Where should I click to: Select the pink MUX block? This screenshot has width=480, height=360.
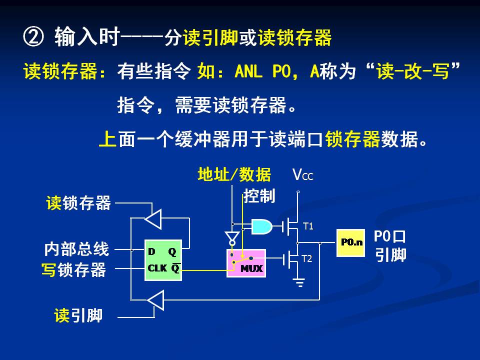pos(245,262)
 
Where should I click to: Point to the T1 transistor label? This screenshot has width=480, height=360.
pos(308,226)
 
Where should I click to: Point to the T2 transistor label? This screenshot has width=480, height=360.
pos(307,259)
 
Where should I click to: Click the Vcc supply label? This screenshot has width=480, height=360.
pos(303,175)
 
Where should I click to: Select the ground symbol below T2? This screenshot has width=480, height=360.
pos(299,283)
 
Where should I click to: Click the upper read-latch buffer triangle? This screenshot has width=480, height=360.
pos(153,218)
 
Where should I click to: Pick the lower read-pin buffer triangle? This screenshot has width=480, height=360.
pos(155,300)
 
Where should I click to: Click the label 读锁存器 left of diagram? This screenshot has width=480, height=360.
pos(78,203)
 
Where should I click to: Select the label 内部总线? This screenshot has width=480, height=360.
pos(76,248)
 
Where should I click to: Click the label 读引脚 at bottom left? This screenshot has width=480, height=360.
pos(78,315)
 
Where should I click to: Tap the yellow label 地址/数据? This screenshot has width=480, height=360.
pos(234,174)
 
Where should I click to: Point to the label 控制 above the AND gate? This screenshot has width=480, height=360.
pos(259,196)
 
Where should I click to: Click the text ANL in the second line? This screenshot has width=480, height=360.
pos(248,72)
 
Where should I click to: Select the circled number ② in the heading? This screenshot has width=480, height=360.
pos(34,37)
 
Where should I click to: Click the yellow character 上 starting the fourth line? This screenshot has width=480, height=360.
pos(107,138)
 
